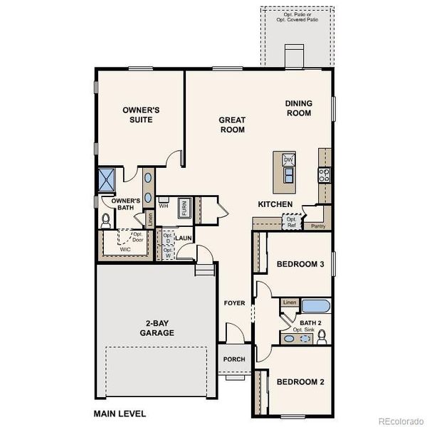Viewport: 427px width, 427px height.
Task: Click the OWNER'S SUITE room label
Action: coord(141,115)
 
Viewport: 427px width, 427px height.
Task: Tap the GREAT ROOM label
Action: coord(232,125)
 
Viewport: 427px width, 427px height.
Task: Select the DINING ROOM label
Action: coord(299,108)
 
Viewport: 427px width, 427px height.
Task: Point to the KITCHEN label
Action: coord(275,205)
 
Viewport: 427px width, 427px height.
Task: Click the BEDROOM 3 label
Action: coord(300,265)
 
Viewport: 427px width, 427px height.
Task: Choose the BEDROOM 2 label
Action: coord(300,382)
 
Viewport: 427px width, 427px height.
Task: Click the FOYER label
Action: coord(234,303)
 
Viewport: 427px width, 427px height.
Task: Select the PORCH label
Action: coord(234,359)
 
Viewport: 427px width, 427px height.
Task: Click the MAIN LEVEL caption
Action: coord(120,413)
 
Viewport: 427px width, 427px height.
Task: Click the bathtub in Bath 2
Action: coord(315,307)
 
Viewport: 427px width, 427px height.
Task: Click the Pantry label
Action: coord(317,226)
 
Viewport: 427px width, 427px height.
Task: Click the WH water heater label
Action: coord(163,206)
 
